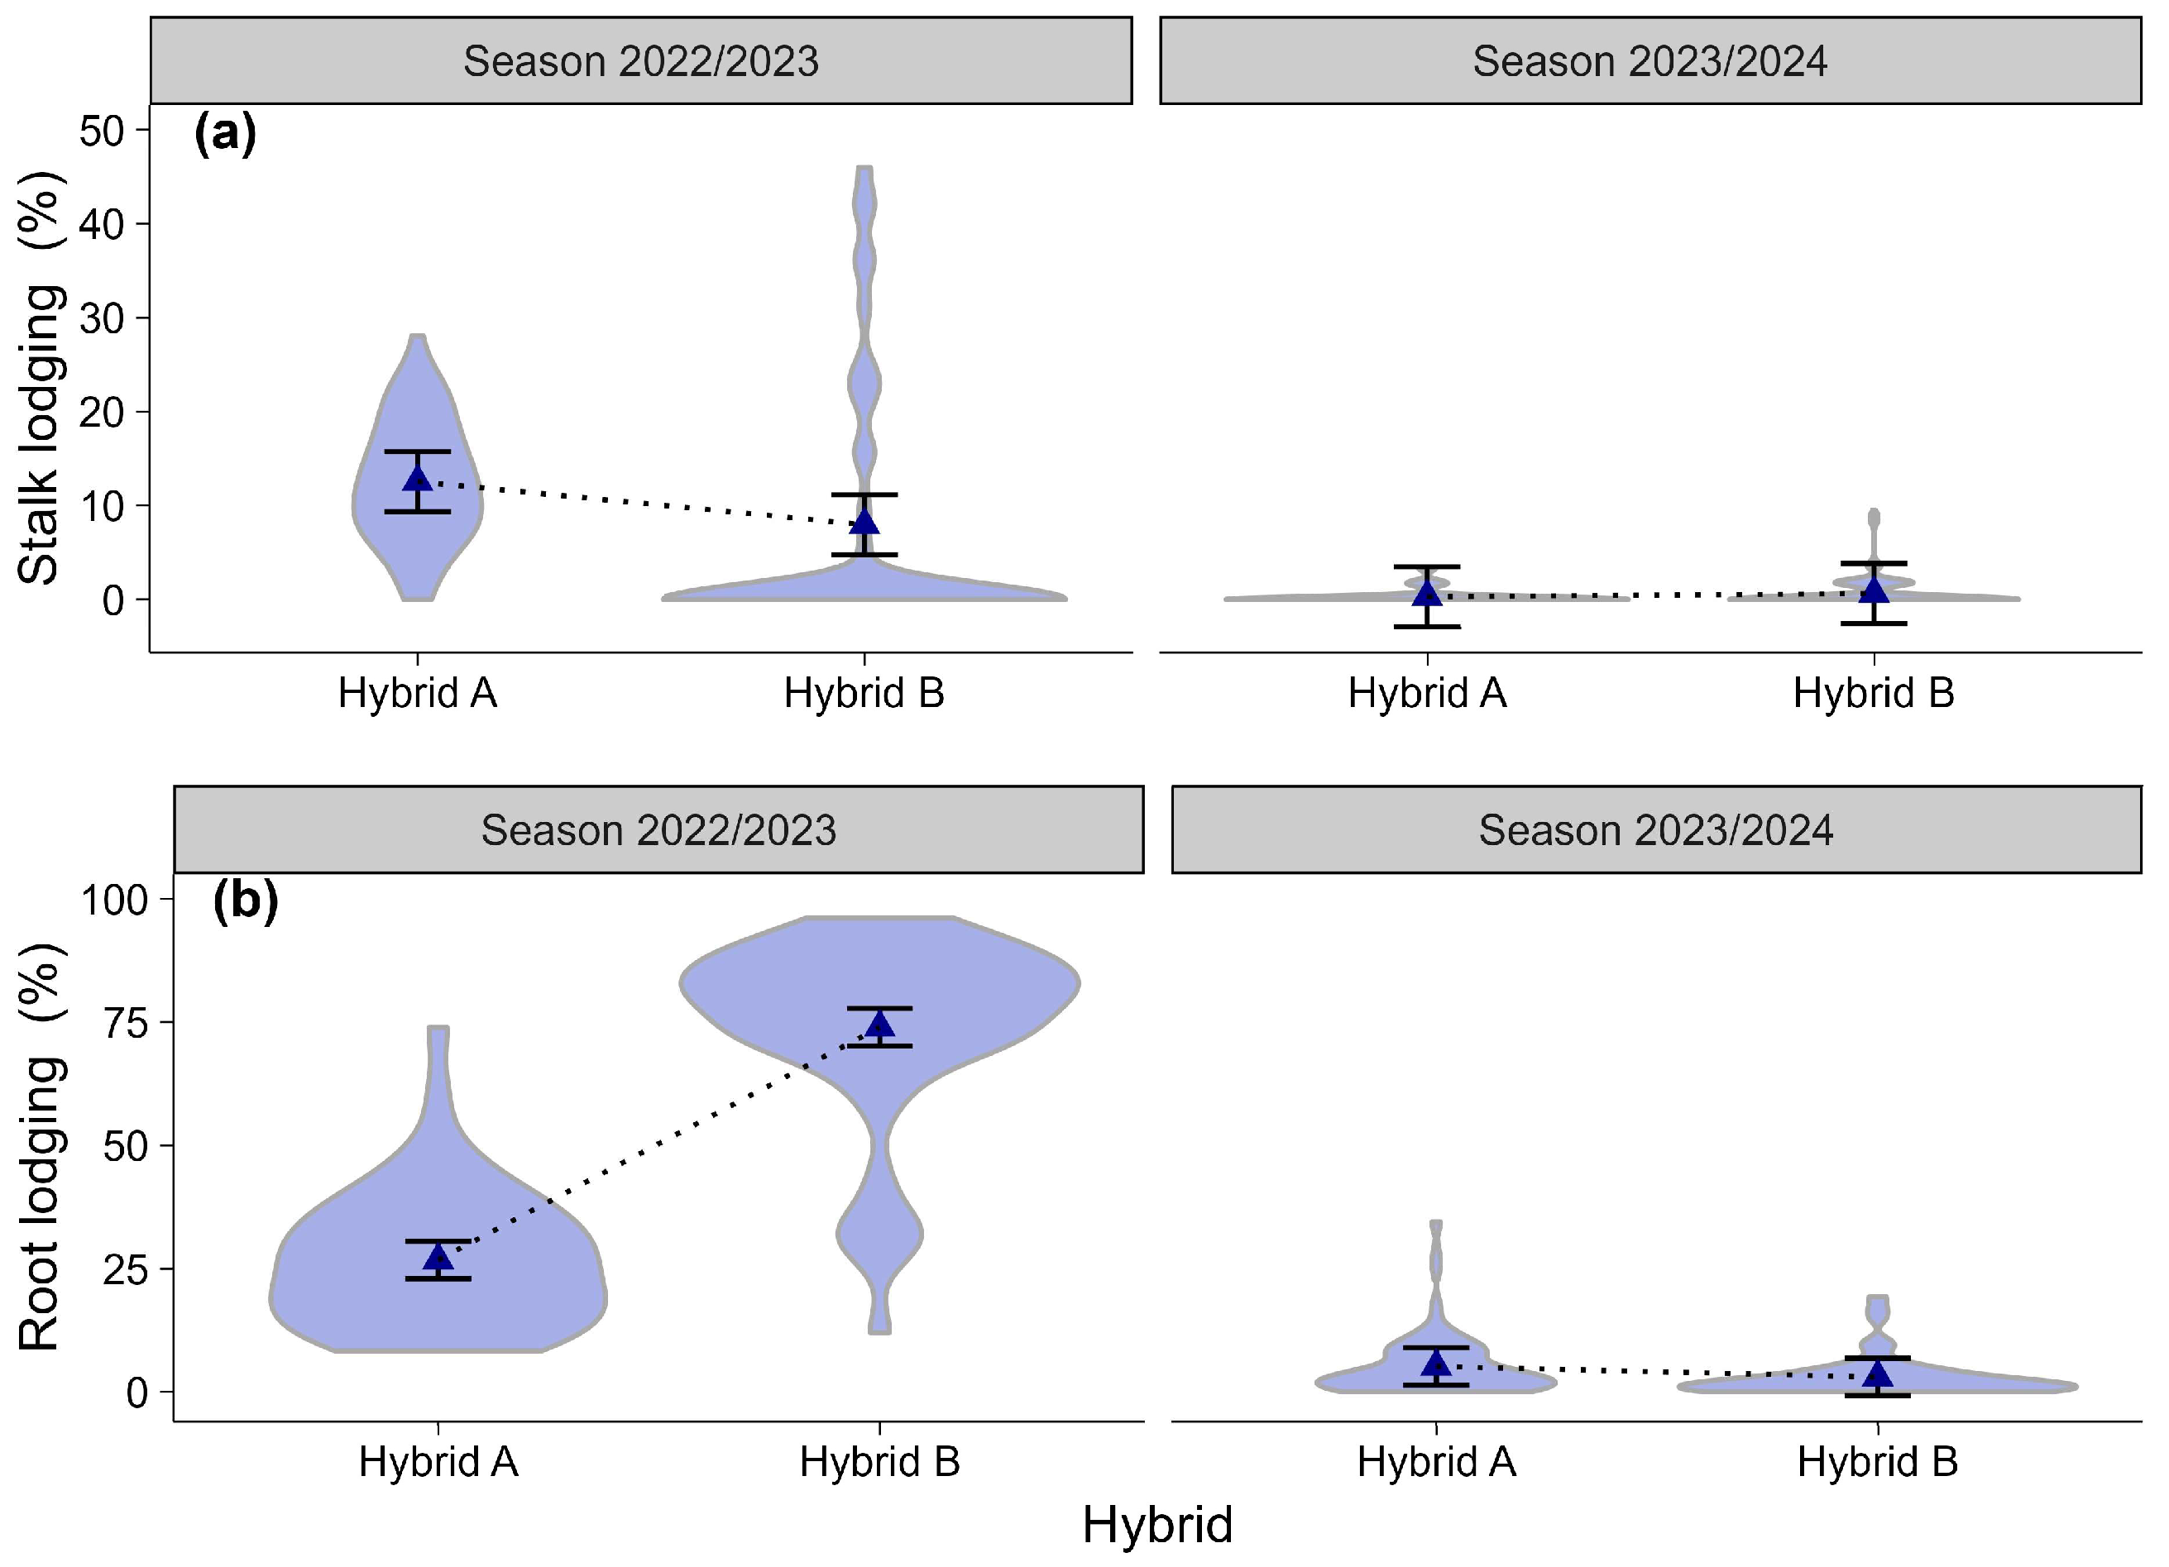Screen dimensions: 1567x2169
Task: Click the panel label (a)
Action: (225, 133)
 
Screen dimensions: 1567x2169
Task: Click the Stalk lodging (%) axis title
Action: (41, 378)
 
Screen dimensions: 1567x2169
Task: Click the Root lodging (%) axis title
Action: (41, 1147)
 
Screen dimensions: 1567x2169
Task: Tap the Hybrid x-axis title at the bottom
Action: (1157, 1524)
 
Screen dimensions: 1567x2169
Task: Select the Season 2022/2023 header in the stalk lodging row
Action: (641, 61)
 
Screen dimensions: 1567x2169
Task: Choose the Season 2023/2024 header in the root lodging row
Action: (1655, 830)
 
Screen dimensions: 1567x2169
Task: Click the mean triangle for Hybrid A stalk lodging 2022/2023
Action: (417, 478)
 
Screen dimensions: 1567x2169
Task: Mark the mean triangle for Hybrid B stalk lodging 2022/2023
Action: (864, 521)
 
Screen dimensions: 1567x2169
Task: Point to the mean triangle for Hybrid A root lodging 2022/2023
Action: (438, 1256)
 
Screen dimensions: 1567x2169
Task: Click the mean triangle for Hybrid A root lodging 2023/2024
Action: (1435, 1363)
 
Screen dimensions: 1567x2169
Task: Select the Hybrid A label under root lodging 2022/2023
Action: (438, 1463)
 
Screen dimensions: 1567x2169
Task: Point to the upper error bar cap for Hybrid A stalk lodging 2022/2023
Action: (417, 451)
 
